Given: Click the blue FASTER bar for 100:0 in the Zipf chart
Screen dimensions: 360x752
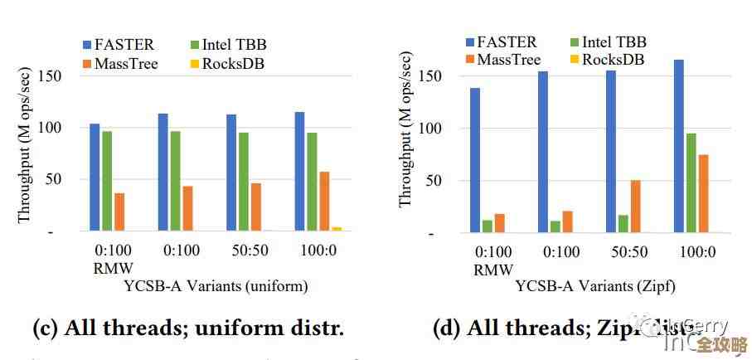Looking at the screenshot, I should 678,146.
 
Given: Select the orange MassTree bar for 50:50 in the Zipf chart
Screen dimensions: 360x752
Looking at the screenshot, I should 635,206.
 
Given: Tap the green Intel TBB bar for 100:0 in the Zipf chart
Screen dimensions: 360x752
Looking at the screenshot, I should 691,182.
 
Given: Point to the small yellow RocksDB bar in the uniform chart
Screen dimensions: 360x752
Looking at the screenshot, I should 337,228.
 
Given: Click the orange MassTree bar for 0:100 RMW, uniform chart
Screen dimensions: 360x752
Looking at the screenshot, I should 119,212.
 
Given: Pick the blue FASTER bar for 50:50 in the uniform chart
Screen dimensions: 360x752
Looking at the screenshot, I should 231,172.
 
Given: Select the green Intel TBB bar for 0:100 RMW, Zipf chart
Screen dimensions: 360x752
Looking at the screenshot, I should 488,226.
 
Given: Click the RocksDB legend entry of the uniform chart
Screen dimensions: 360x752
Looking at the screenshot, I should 231,64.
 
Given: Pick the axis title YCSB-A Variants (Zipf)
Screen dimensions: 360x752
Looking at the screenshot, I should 595,287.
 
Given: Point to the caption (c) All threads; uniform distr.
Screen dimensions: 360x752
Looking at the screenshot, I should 187,328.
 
